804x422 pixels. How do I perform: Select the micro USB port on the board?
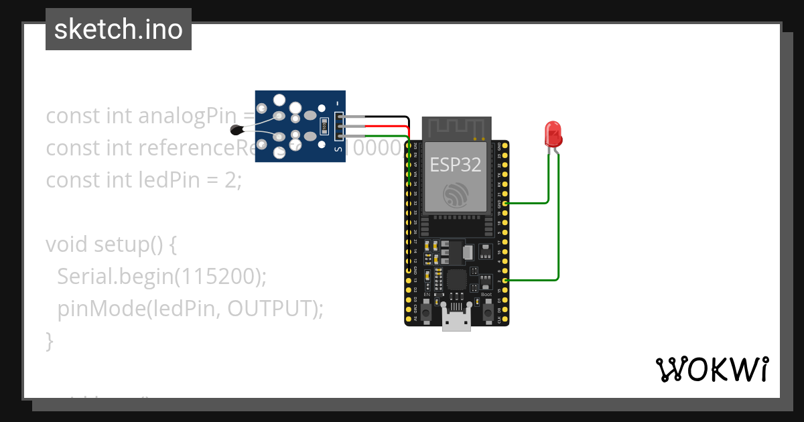(456, 323)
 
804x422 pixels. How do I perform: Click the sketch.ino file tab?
(119, 29)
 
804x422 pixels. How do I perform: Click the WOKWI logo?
(712, 369)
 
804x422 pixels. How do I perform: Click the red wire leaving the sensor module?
(382, 126)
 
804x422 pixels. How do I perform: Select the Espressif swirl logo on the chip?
(457, 194)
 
